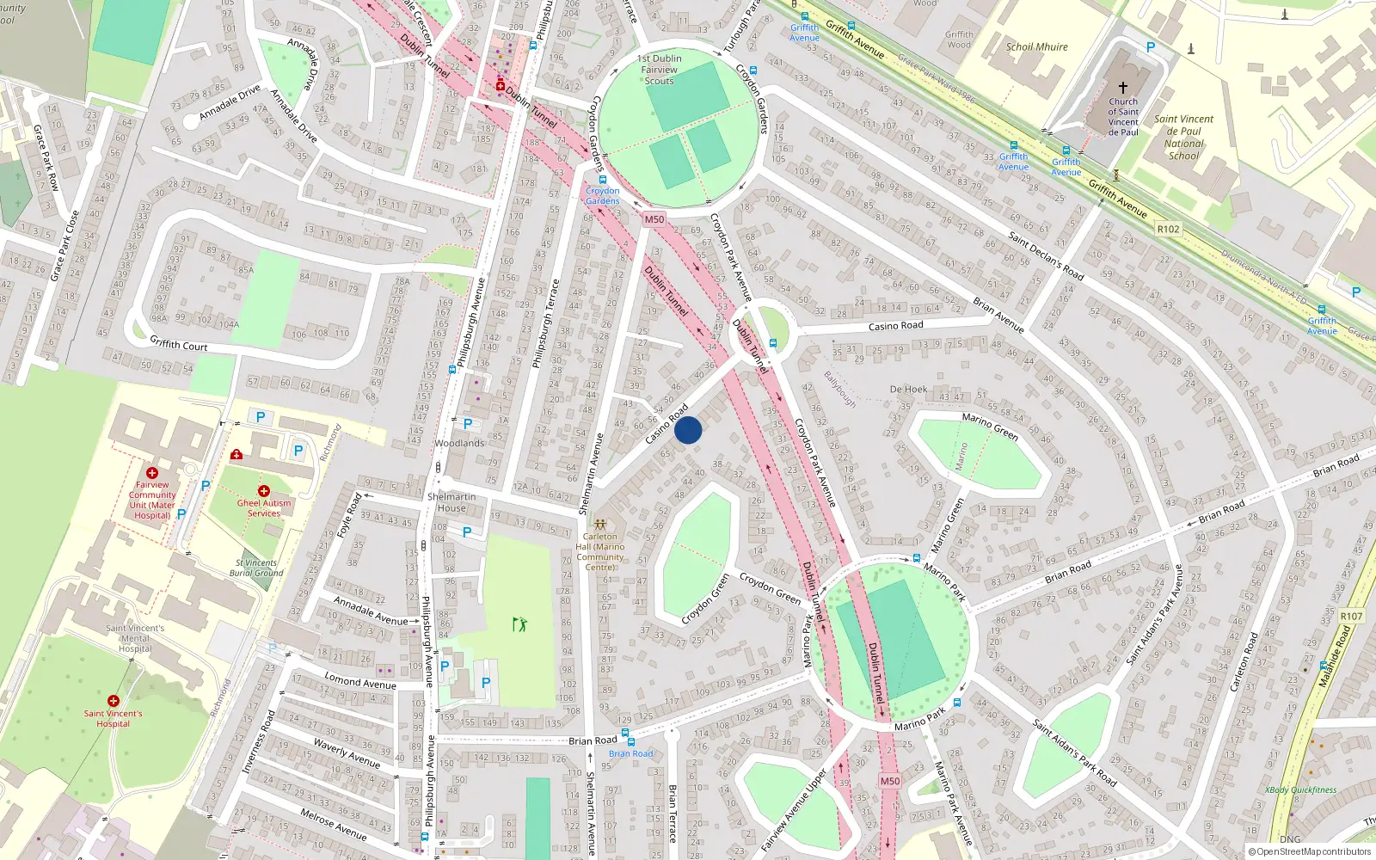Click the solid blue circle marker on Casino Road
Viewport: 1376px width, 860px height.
coord(688,430)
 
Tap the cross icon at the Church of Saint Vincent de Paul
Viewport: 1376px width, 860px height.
coord(1122,88)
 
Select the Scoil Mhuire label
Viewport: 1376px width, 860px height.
coord(1036,47)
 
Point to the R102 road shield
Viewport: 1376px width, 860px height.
coord(1168,229)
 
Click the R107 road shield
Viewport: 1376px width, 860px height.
coord(1351,616)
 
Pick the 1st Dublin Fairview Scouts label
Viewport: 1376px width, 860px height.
coord(660,70)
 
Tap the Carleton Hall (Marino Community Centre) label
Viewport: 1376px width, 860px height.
coord(600,551)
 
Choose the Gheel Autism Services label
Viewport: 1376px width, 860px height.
coord(264,508)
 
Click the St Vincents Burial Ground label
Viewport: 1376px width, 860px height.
coord(256,568)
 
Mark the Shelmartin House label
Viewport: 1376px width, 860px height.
coord(451,502)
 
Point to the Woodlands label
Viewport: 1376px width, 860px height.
coord(459,444)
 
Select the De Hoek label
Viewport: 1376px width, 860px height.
coord(908,390)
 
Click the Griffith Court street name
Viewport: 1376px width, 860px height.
coord(179,344)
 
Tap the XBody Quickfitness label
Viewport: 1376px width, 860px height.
coord(1300,789)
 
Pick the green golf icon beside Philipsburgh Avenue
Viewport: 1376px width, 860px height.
coord(519,624)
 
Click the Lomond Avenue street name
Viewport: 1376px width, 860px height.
coord(360,681)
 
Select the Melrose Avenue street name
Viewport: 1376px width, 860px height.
coord(334,824)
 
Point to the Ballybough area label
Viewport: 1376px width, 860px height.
coord(839,389)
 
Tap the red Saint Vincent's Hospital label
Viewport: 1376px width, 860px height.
coord(114,718)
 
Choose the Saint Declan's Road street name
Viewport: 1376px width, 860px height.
coord(1046,255)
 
